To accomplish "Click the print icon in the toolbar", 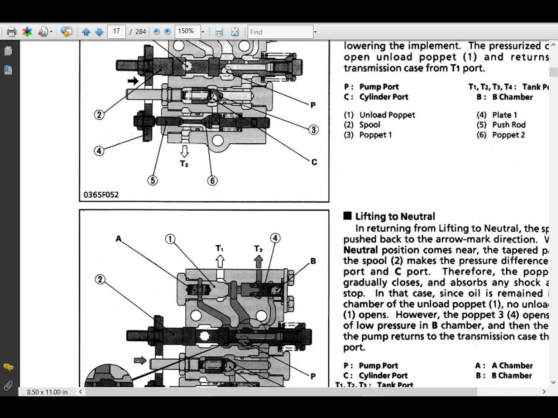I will (x=11, y=32).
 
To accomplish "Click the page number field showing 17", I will (x=116, y=31).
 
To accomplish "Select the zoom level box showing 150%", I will (x=187, y=31).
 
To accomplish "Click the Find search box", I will (x=280, y=32).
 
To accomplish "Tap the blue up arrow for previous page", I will (x=86, y=32).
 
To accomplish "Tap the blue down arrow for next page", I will (x=99, y=32).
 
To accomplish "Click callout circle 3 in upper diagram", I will (x=313, y=130).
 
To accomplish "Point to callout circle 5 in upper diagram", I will (x=153, y=180).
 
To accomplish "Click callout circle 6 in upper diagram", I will (x=212, y=180).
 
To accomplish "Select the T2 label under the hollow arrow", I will (x=184, y=164).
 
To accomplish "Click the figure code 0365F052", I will (x=101, y=195).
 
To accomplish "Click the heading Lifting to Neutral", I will (x=395, y=216).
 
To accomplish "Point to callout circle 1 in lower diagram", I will (x=170, y=239).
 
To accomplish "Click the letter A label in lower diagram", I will (x=118, y=239).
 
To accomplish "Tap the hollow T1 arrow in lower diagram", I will (x=220, y=261).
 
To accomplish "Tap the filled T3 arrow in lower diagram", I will (x=259, y=261).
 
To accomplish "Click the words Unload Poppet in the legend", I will (x=387, y=115).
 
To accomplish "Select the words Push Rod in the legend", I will (x=509, y=125).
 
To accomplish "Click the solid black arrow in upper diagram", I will (x=133, y=81).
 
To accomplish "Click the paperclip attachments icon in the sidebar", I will (x=8, y=386).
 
